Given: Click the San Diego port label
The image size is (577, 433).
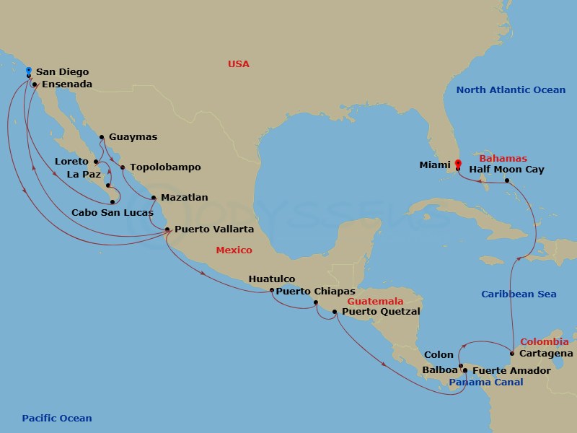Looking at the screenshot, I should (x=62, y=72).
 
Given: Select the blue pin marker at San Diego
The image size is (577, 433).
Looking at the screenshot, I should (x=28, y=71).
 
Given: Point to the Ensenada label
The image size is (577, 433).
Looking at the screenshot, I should (x=67, y=84).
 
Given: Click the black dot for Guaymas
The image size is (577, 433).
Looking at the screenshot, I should (x=102, y=137).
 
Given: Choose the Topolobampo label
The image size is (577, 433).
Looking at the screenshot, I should (x=165, y=167).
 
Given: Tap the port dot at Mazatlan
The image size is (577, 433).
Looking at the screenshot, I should (x=154, y=197).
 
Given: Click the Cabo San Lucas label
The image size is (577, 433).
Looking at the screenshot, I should (x=112, y=213).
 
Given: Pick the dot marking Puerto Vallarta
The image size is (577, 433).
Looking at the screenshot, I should (x=167, y=229).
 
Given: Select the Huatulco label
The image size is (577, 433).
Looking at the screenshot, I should (x=271, y=279).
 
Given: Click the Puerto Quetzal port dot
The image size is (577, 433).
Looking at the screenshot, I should (x=334, y=312).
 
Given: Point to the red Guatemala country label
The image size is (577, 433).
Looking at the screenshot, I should (x=375, y=301).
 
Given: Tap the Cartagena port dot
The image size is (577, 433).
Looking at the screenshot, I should (x=512, y=354).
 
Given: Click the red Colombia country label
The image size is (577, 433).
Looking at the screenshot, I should (x=544, y=341).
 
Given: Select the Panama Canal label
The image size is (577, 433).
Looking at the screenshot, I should (x=481, y=382).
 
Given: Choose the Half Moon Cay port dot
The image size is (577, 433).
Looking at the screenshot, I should (x=507, y=180).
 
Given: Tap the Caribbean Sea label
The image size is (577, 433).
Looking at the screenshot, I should (x=519, y=294).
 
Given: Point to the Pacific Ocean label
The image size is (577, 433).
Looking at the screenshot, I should (x=57, y=419).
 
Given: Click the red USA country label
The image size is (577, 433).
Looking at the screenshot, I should (x=238, y=64).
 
